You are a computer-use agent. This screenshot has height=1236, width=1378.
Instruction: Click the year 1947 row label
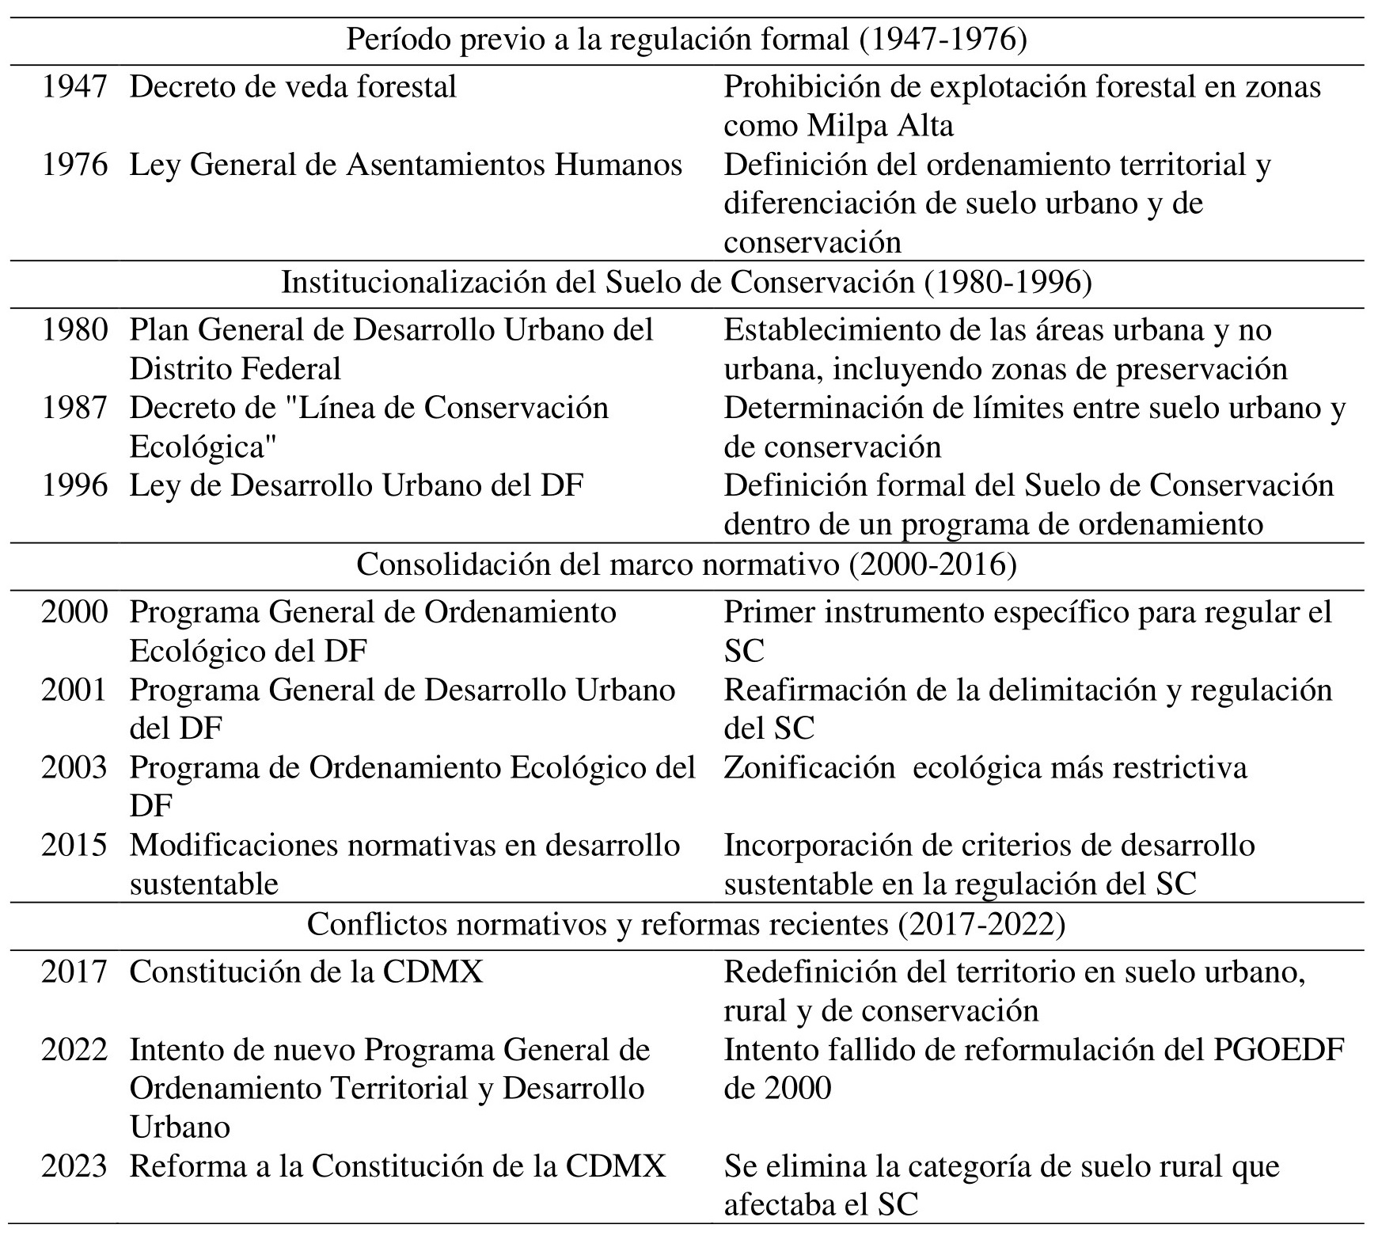(74, 87)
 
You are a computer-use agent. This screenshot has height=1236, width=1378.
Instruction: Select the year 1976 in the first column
(74, 165)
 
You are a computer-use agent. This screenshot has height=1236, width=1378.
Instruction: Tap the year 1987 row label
(74, 409)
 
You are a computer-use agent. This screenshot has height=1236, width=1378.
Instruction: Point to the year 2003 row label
(74, 768)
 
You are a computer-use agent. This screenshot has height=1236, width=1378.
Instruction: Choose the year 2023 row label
(74, 1166)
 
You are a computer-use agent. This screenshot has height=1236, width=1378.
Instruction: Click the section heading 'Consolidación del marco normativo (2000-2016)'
(686, 565)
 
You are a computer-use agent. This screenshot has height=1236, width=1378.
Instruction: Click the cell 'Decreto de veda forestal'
(293, 87)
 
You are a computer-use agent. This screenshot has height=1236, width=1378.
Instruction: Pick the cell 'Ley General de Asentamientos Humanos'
(405, 165)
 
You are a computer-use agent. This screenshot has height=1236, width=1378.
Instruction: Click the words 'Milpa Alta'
(880, 126)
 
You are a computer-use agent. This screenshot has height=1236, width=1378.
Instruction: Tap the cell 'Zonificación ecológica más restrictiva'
(985, 768)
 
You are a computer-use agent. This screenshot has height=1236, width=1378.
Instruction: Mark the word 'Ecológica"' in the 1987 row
(203, 447)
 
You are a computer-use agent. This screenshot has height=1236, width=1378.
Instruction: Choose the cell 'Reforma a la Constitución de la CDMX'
(397, 1166)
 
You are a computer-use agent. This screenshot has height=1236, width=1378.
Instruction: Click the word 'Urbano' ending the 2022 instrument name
(180, 1128)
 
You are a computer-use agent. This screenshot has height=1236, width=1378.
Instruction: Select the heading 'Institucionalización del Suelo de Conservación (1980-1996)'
(686, 283)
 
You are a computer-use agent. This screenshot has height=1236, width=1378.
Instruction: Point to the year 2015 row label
(74, 846)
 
